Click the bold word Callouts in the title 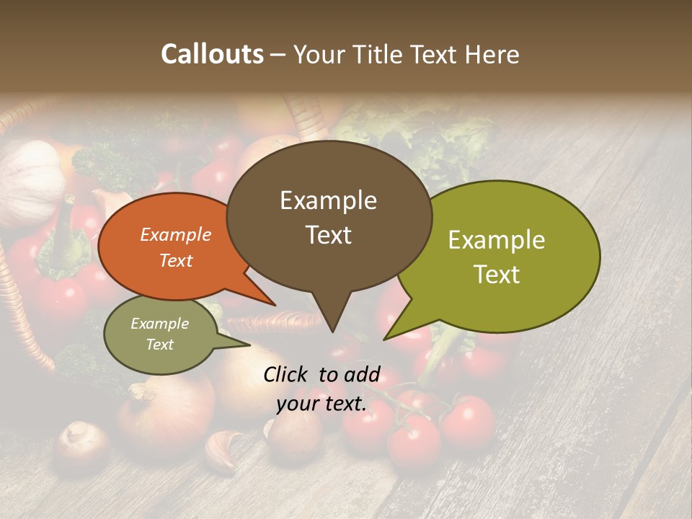212,54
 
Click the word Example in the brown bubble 328,200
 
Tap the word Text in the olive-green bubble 497,275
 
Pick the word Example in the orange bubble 176,234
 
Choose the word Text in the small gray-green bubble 160,345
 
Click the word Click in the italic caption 286,374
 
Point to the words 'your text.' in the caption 321,404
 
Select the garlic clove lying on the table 223,449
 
